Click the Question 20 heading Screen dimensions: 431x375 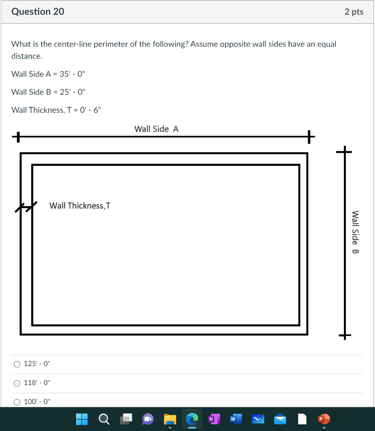pos(38,12)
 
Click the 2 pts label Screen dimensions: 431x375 pos(354,12)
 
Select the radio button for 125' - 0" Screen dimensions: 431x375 pos(17,364)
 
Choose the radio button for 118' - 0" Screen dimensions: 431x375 pos(17,383)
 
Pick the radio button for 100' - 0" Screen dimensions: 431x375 pos(17,402)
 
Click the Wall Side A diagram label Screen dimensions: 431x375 pos(156,129)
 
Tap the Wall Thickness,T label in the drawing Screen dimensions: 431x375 pos(80,206)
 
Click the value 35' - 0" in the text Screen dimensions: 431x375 pos(72,74)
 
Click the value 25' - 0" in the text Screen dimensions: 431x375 pos(72,92)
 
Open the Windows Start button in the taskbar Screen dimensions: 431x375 pos(82,419)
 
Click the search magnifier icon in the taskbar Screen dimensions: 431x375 pos(104,419)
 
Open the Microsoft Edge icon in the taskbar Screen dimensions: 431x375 pos(192,419)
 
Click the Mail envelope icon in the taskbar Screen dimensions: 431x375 pos(280,419)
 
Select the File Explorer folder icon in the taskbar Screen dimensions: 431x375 pos(170,419)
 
